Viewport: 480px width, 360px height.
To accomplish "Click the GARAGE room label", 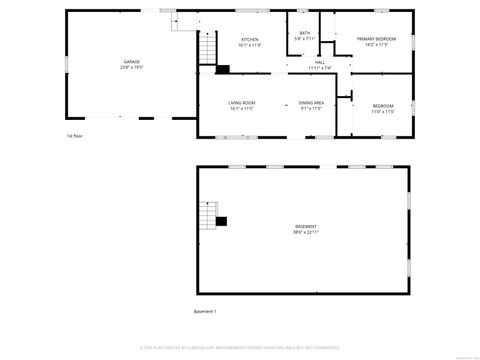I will pos(131,61).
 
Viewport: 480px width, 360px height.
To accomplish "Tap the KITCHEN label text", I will pos(249,40).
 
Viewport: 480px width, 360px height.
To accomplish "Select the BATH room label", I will pos(305,33).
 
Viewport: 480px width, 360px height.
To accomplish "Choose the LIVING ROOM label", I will pos(242,103).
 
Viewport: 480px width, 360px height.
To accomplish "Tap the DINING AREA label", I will pos(311,103).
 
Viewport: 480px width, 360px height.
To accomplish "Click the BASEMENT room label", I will pos(305,228).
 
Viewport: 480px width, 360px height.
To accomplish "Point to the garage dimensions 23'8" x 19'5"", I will pos(131,67).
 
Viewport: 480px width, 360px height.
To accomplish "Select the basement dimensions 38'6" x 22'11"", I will pos(305,234).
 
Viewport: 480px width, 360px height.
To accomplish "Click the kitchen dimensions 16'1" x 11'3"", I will pos(249,46).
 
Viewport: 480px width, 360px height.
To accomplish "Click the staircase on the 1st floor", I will pos(207,47).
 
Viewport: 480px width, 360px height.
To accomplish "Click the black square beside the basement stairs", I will pos(222,221).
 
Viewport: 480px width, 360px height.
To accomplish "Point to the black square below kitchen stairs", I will pos(222,69).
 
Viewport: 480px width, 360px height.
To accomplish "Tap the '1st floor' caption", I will pos(75,135).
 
